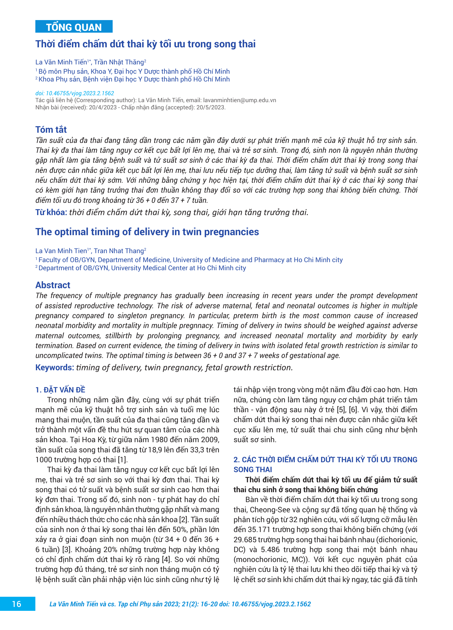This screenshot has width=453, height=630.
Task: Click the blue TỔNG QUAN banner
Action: pos(74,27)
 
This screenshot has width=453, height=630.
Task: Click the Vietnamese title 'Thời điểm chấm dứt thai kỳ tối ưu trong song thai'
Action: pos(145,44)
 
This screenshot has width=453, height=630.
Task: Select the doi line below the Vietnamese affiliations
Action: pos(75,93)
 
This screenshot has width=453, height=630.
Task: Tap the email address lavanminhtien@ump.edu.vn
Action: pos(239,100)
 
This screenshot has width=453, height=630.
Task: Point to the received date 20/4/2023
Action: pos(102,108)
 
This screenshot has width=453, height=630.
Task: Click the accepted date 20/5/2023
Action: pos(210,108)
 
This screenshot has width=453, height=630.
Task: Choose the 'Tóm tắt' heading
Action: pos(51,129)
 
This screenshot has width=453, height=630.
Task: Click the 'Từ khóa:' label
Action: pos(51,212)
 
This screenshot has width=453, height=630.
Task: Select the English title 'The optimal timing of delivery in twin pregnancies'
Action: pos(147,232)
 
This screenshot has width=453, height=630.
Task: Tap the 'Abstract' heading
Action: pos(53,285)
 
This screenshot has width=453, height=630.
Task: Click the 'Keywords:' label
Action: pos(55,368)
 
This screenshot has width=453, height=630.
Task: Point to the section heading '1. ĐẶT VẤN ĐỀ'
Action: pos(60,390)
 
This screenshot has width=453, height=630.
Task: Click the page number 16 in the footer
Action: pos(17,604)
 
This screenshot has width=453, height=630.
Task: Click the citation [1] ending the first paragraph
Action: pos(123,460)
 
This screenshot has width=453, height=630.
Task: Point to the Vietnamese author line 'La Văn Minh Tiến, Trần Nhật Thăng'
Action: pos(90,62)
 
